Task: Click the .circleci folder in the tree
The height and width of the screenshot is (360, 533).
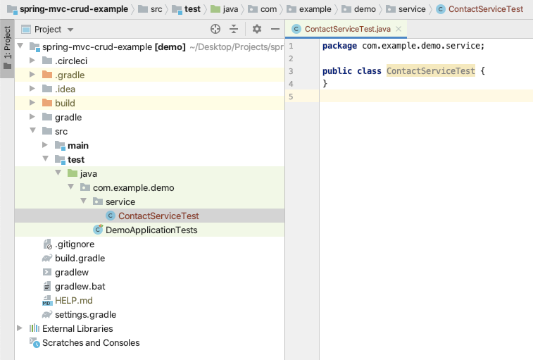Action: (71, 61)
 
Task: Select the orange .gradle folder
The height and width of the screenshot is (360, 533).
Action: (70, 75)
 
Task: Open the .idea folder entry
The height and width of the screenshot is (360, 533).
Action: (65, 89)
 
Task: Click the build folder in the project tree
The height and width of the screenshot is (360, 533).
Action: (65, 103)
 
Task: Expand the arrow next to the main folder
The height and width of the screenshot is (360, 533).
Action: (45, 145)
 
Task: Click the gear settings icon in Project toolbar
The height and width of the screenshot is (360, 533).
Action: (257, 30)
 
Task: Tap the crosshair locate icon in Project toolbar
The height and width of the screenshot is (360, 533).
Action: (215, 30)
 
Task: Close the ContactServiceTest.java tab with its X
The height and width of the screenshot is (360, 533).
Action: (399, 29)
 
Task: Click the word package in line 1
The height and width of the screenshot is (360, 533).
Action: (339, 46)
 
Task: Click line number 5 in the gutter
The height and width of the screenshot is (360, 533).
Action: (291, 97)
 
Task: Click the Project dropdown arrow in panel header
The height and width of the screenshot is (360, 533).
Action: (70, 30)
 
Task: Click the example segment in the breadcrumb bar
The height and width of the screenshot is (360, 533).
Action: (315, 9)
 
